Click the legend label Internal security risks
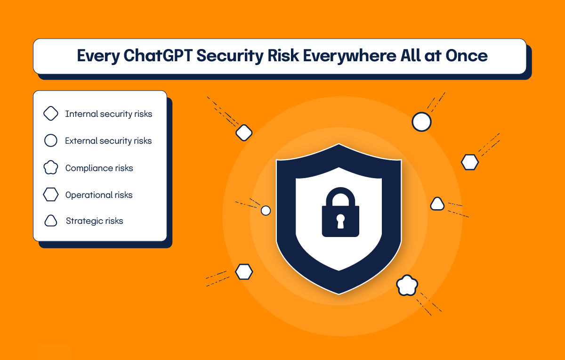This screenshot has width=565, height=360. [x=109, y=114]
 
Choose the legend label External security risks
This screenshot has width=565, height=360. [x=108, y=141]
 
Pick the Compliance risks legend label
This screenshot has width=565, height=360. [x=99, y=168]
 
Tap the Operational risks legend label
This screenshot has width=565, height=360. [x=99, y=195]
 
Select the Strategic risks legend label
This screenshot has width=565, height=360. [x=95, y=221]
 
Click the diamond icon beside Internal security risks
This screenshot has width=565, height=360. [x=50, y=114]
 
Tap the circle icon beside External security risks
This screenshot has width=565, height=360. [x=50, y=141]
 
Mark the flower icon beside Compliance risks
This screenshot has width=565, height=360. [x=50, y=168]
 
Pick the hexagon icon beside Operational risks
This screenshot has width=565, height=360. [x=50, y=195]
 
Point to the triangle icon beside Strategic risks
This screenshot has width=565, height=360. [x=50, y=221]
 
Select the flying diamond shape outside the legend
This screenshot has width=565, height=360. [x=244, y=132]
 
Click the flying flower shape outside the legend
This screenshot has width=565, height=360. [x=407, y=285]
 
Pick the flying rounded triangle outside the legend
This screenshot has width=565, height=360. [x=437, y=204]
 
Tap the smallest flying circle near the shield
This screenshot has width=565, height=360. [x=266, y=210]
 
